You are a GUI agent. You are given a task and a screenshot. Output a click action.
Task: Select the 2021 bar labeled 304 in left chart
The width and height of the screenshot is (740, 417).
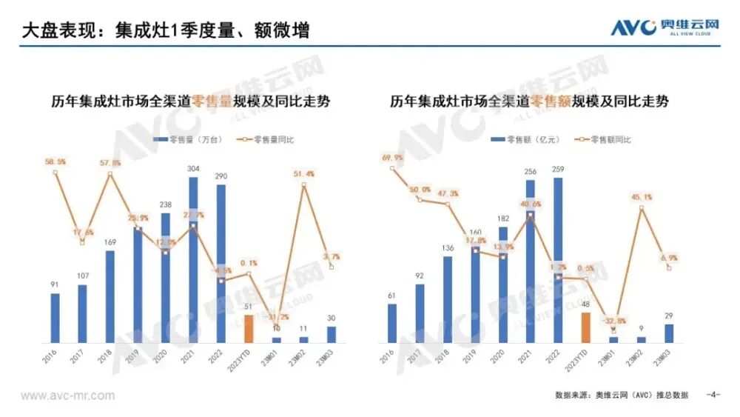click(x=193, y=259)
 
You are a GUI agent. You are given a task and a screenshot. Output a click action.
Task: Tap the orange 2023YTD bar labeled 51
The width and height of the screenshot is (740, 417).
click(x=249, y=328)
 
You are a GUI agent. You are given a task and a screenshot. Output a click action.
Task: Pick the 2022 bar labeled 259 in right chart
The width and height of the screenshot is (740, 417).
click(x=558, y=259)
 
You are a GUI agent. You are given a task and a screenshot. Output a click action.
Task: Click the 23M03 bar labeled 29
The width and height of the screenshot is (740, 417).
click(x=669, y=333)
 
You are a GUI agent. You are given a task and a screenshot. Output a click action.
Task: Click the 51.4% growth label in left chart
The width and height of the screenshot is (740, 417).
click(x=304, y=174)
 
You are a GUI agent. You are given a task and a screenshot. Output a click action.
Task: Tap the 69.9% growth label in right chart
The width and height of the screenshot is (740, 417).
click(x=392, y=158)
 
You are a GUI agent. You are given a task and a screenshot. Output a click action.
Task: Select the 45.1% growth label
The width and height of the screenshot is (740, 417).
click(x=642, y=197)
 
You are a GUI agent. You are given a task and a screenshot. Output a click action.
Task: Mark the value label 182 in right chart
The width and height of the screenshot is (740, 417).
click(x=503, y=218)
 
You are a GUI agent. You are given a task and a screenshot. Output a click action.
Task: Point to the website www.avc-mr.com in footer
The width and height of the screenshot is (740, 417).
click(x=67, y=396)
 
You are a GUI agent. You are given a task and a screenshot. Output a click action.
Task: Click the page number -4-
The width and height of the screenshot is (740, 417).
click(x=713, y=395)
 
